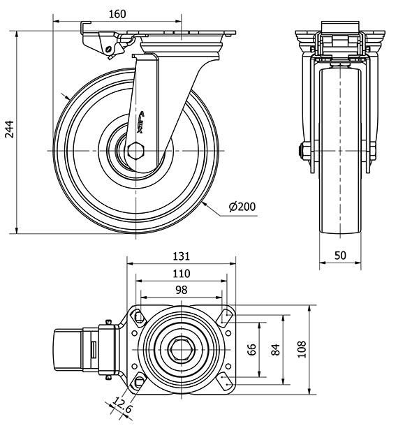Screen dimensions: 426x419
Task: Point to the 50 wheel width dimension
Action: coord(340,255)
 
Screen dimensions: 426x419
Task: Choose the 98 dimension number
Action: coord(182,289)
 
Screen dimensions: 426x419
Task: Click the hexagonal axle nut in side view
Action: coord(137,152)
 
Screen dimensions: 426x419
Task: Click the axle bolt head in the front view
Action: coord(304,151)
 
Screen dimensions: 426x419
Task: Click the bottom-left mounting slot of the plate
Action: coord(138,382)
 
